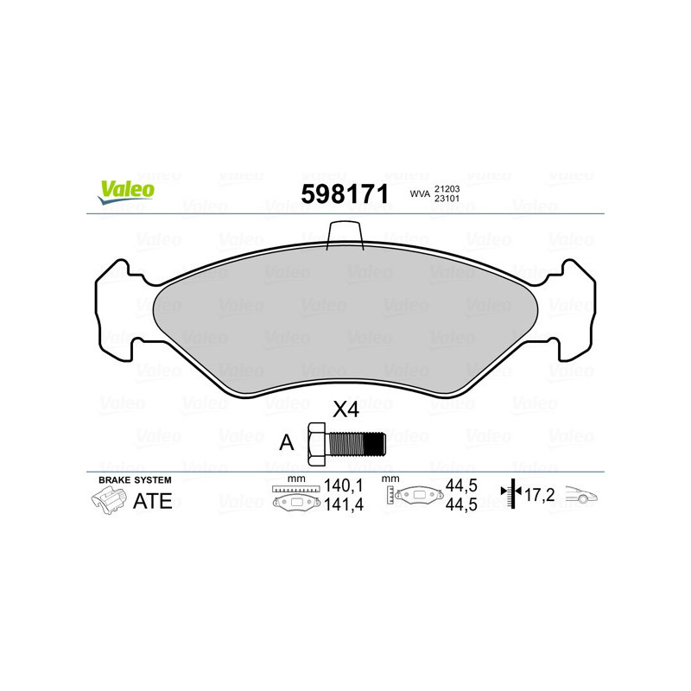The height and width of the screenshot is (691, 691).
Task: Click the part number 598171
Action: tap(344, 194)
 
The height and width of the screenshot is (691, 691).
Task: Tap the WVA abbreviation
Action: tap(419, 195)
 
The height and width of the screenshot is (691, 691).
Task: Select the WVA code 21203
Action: tap(447, 187)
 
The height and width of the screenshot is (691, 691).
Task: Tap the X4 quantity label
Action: tap(345, 410)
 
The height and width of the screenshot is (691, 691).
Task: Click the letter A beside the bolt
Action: tap(287, 443)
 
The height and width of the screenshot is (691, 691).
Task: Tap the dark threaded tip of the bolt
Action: tap(373, 443)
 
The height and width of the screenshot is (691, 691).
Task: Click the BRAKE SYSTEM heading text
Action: tap(135, 479)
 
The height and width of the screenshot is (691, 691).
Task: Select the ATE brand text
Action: tap(152, 501)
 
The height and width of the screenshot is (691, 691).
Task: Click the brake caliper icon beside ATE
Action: tap(108, 500)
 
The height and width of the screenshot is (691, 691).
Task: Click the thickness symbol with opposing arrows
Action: tap(514, 494)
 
